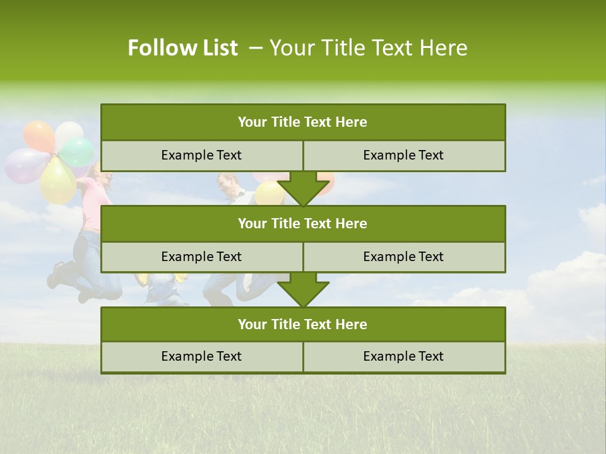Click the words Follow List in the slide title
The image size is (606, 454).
(x=182, y=48)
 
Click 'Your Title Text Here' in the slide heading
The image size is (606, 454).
(x=368, y=48)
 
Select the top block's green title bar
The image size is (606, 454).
(x=302, y=122)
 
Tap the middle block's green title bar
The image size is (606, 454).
(x=302, y=224)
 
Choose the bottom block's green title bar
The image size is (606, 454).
(x=302, y=325)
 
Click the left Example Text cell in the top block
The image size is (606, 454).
(x=201, y=156)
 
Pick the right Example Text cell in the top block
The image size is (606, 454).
(x=403, y=156)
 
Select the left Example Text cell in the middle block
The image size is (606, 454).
(x=201, y=257)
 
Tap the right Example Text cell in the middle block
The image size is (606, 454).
(x=403, y=257)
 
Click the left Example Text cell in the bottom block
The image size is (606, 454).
(x=201, y=357)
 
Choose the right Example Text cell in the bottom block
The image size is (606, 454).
(x=403, y=357)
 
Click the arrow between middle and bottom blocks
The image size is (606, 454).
(x=303, y=289)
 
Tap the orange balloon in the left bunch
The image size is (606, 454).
(x=39, y=136)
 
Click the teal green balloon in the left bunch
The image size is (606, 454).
(x=78, y=152)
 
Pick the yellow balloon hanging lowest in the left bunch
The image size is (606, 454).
(x=57, y=180)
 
